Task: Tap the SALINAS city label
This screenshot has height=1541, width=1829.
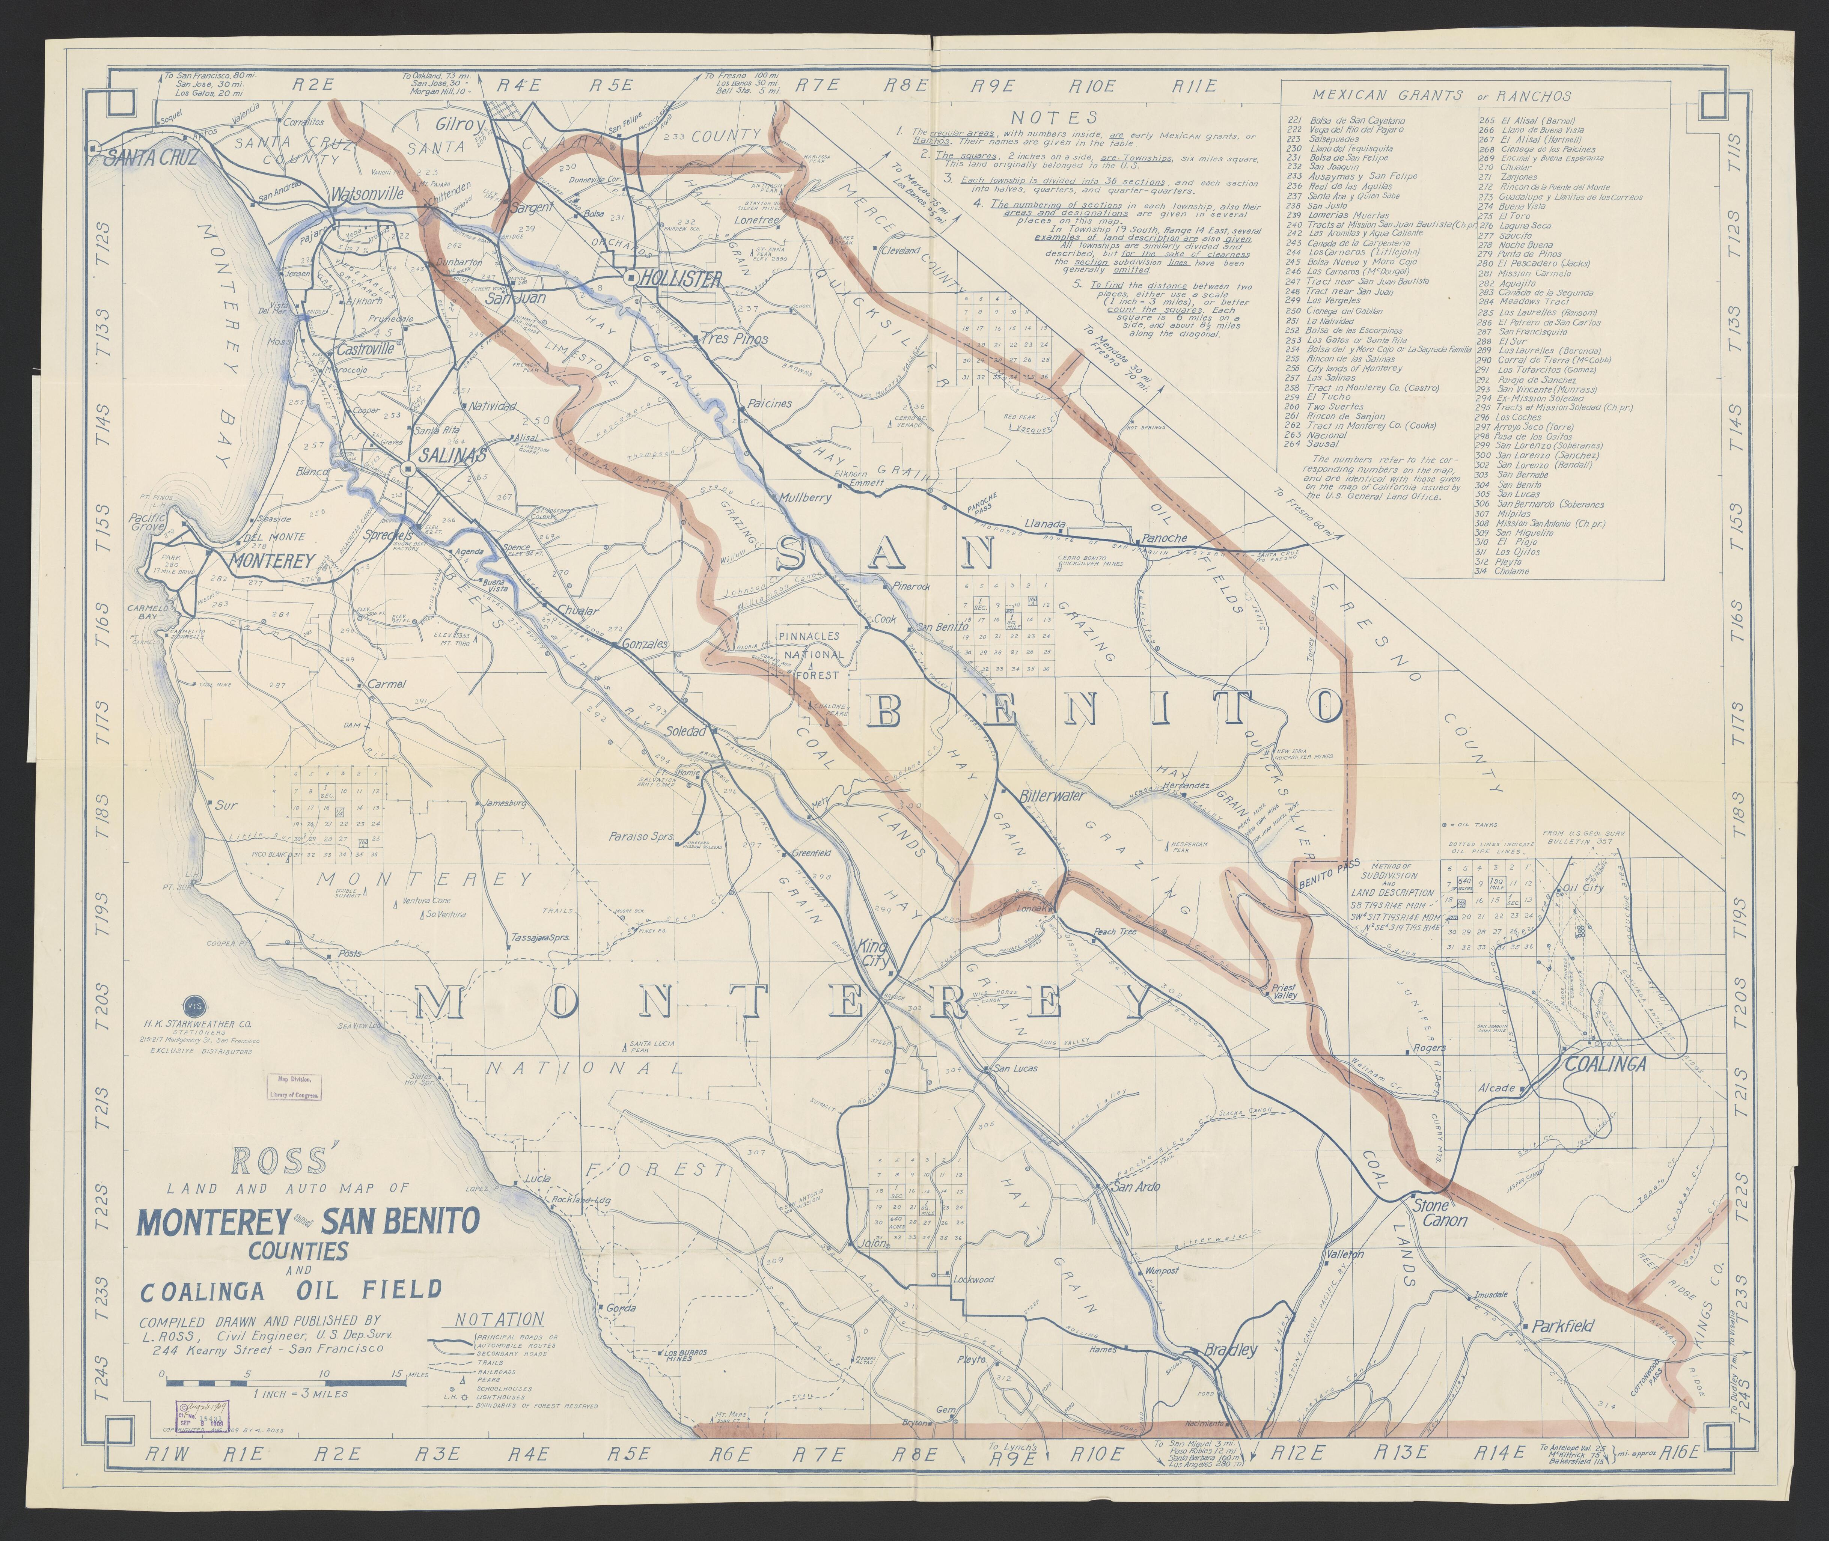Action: tap(452, 455)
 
